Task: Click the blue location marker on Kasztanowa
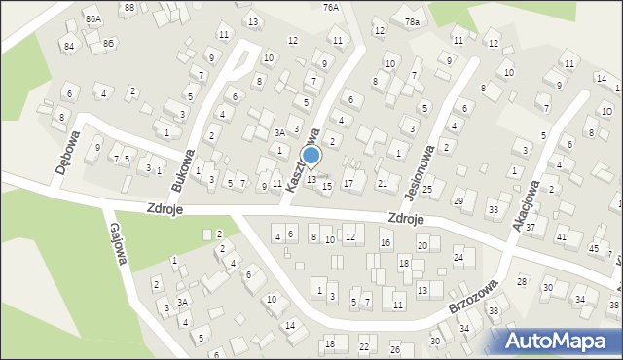point(311,156)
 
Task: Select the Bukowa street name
point(183,168)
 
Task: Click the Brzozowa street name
point(474,297)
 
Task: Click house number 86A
point(92,18)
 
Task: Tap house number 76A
point(331,7)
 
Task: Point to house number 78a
point(413,21)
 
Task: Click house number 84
point(68,46)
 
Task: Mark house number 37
point(530,227)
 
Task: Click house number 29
point(458,200)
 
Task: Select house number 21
point(382,183)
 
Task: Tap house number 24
point(458,258)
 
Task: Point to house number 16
point(385,242)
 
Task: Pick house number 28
point(521,281)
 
